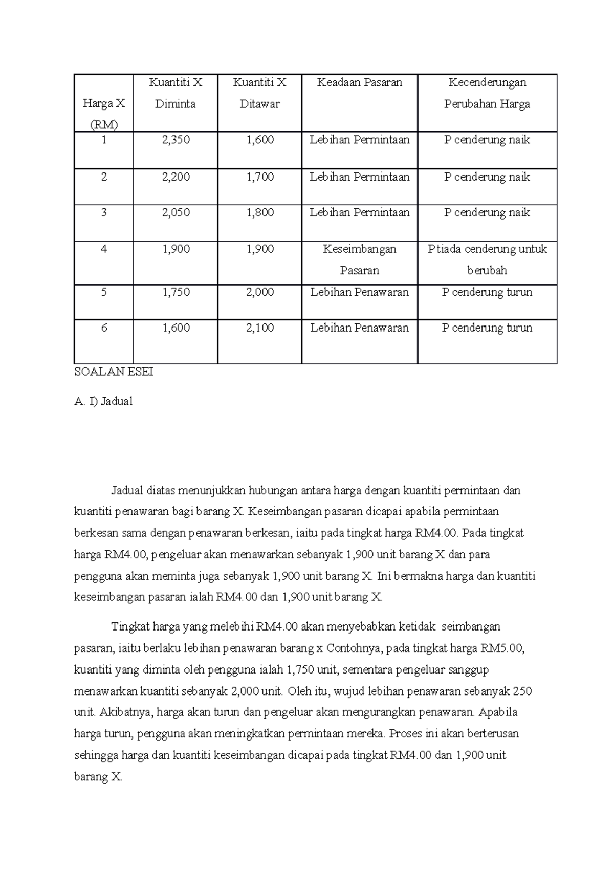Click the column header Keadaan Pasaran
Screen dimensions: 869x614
coord(359,82)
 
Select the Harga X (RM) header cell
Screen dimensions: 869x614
coord(104,114)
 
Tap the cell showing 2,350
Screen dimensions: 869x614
coord(176,140)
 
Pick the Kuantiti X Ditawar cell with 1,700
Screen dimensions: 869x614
coord(259,177)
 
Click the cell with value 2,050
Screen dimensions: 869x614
coord(176,212)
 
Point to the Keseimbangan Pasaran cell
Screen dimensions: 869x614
coord(359,259)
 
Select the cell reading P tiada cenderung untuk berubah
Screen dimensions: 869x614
coord(487,259)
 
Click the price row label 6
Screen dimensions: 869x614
coord(104,328)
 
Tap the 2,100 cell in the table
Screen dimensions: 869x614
coord(259,328)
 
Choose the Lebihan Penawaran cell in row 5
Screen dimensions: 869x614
coord(359,292)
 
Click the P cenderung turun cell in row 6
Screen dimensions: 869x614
coord(487,328)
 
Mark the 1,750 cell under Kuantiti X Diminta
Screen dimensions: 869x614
coord(176,292)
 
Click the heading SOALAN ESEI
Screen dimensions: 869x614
coord(114,372)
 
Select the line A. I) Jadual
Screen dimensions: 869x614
coord(103,402)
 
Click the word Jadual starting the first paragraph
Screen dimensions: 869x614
coord(127,491)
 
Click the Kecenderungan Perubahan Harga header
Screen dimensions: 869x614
coord(487,93)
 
